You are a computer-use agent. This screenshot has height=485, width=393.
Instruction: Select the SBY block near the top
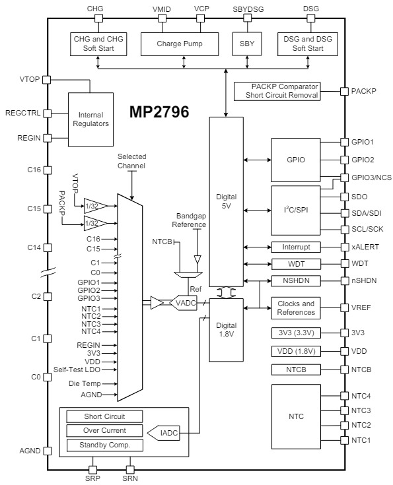click(x=247, y=44)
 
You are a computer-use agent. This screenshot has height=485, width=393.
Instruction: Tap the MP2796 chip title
click(x=159, y=112)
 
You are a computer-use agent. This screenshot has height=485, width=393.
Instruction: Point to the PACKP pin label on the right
click(x=364, y=91)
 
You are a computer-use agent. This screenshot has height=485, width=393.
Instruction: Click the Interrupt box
click(x=295, y=247)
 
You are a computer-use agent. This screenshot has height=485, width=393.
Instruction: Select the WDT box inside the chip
click(x=295, y=264)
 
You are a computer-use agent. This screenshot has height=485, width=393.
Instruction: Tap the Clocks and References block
click(x=295, y=307)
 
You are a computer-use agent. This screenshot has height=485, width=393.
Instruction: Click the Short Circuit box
click(x=104, y=416)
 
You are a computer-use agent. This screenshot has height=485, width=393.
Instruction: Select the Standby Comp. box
click(x=104, y=445)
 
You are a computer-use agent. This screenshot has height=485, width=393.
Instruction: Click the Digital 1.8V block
click(x=226, y=329)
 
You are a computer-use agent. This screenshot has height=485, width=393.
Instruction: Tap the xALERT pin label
click(x=365, y=247)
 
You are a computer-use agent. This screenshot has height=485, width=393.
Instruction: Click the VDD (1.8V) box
click(x=295, y=350)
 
